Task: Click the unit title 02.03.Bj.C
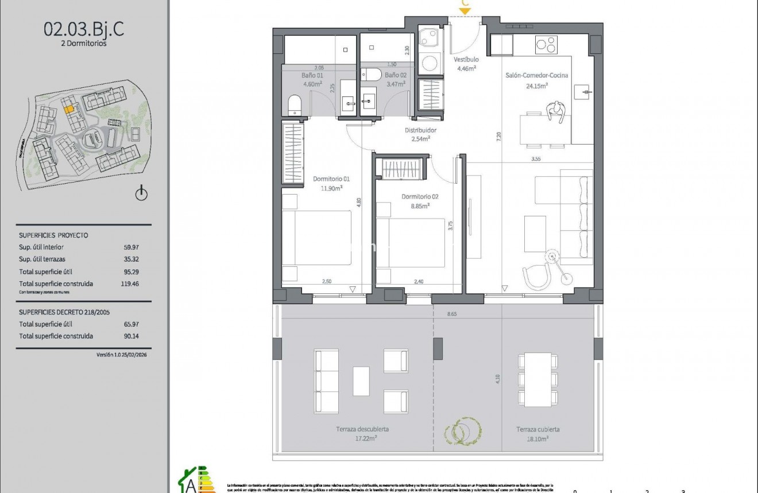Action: tap(84, 30)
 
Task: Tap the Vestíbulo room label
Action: tap(466, 60)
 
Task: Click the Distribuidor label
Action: tap(417, 130)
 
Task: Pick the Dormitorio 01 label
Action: tap(328, 178)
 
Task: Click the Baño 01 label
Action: tap(312, 75)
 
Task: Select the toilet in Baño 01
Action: tap(294, 106)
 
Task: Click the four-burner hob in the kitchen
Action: tap(546, 44)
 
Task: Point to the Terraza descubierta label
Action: tap(358, 429)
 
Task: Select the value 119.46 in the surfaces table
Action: tap(132, 284)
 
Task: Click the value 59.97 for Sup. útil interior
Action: tap(132, 247)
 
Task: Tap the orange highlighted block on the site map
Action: tap(68, 107)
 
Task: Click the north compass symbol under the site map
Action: tap(141, 195)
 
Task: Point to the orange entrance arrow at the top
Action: tap(465, 10)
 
